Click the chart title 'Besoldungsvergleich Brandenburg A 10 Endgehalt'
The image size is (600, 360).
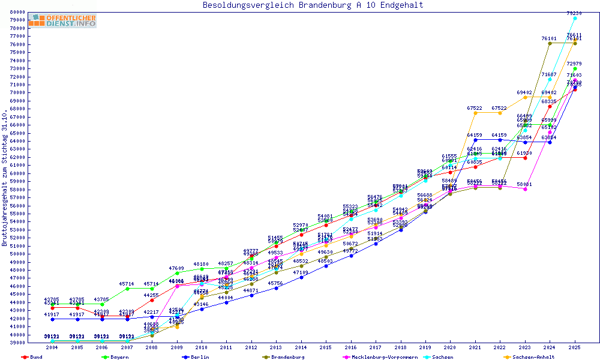click(313, 5)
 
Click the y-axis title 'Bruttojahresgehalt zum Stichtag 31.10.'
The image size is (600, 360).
click(5, 178)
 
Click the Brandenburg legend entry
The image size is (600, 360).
click(287, 357)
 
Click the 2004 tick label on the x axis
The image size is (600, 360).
click(52, 347)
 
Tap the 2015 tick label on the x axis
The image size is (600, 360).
click(326, 347)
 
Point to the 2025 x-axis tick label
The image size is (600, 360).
click(575, 347)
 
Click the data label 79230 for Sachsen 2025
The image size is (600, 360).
click(574, 13)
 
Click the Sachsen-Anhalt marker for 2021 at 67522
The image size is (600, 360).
click(475, 113)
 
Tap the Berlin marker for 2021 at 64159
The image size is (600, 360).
click(475, 140)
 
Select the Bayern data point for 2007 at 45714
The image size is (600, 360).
click(127, 289)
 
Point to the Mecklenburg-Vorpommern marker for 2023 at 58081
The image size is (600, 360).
click(525, 188)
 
